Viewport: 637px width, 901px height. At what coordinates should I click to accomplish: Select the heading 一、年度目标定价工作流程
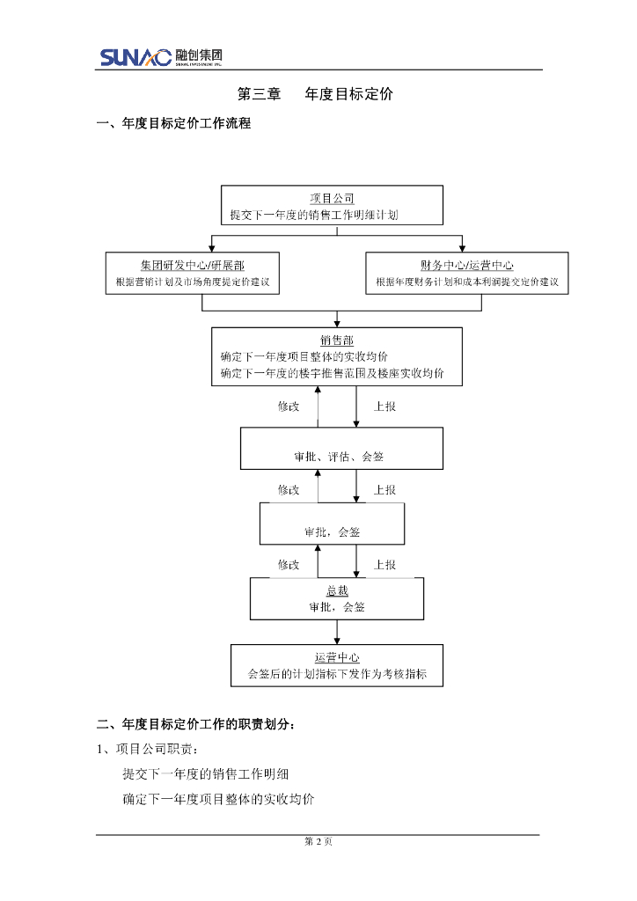pos(173,124)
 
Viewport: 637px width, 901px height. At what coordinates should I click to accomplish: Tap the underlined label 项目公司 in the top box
pos(332,199)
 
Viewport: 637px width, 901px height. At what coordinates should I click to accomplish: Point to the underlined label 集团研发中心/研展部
pos(192,266)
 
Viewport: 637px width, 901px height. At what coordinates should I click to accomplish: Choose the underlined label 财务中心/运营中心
pos(466,266)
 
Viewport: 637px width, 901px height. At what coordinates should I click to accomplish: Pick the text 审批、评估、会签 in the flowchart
pos(339,457)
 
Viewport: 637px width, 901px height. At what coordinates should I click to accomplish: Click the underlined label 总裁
pos(337,591)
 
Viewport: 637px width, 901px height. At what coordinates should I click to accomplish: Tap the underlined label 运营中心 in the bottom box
pos(337,657)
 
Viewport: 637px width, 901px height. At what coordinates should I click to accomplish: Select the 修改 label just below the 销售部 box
pos(289,407)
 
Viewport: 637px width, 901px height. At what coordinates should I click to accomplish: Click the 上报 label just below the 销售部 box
pos(384,407)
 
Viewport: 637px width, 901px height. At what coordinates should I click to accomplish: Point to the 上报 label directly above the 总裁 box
pos(384,564)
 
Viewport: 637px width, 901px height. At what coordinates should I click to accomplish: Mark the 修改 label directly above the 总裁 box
pos(289,564)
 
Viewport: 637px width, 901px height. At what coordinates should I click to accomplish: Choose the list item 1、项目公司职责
pos(148,750)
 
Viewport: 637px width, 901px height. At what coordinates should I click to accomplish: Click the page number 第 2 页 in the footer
pos(318,842)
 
